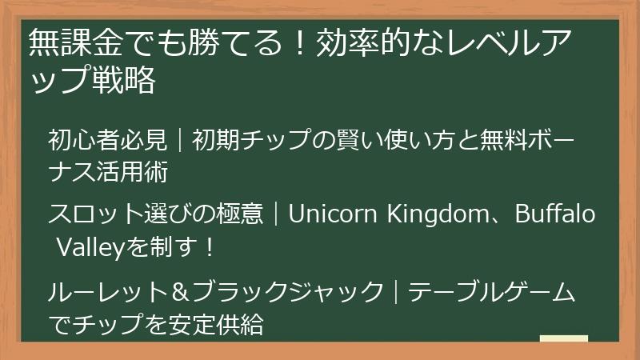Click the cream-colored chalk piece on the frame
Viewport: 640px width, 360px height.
click(x=563, y=339)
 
